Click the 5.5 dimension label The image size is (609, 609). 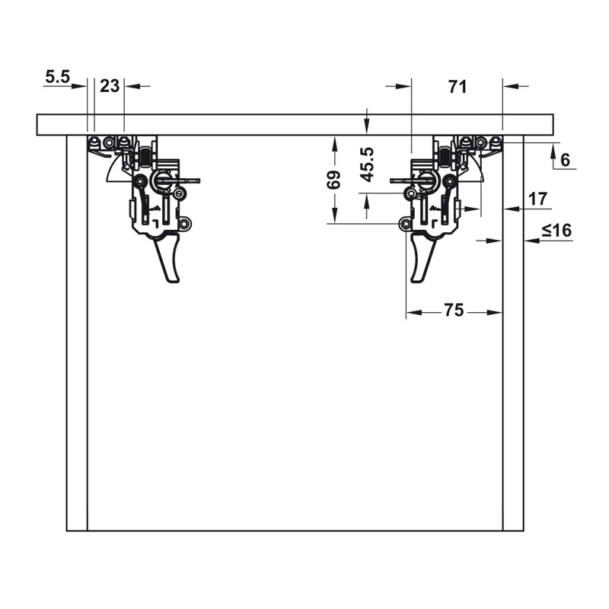tap(58, 77)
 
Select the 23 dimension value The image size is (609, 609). tap(110, 86)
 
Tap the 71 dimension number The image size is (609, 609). tap(458, 87)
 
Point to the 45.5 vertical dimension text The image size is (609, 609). tap(367, 164)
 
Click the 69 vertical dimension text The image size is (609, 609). tap(333, 180)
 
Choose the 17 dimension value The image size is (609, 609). tap(538, 199)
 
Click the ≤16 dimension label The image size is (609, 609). tap(557, 231)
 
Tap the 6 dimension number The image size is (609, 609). tap(566, 160)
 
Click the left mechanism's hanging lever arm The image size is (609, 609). tap(168, 257)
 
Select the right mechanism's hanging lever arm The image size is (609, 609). tap(422, 257)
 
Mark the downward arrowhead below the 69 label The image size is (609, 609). tap(334, 215)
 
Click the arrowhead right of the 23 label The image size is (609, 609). tap(132, 86)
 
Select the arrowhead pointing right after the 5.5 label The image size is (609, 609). tap(79, 86)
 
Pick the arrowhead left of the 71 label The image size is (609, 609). tap(403, 86)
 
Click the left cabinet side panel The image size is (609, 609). tap(77, 333)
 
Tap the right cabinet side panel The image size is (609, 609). tap(513, 333)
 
